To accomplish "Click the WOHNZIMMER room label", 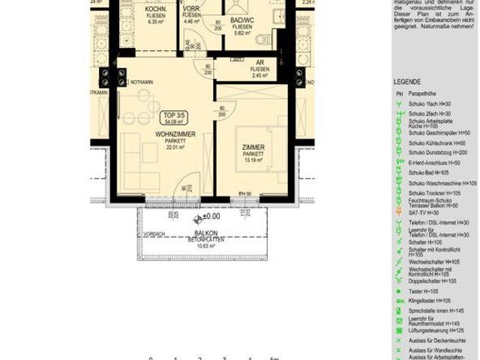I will pyautogui.click(x=175, y=133).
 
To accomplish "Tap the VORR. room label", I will pyautogui.click(x=193, y=9).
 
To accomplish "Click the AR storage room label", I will pyautogui.click(x=260, y=62).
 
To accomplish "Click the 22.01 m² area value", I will pyautogui.click(x=175, y=147).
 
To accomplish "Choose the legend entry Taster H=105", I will pyautogui.click(x=424, y=290).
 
